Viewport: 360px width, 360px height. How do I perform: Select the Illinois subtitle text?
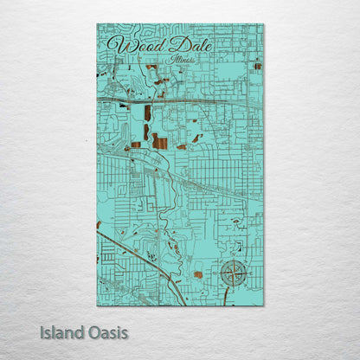point(183,61)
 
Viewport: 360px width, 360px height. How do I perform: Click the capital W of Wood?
point(113,44)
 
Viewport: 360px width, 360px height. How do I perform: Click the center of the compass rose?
point(233,273)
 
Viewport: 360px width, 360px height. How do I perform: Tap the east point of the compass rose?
point(247,273)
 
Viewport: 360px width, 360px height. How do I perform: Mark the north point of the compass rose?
point(233,260)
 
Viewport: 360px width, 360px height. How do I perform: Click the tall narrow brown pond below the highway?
point(147,112)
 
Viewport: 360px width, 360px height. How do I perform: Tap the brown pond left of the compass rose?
point(198,274)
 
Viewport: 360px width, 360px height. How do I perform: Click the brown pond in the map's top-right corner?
point(257,66)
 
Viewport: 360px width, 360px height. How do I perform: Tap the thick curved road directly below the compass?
point(227,295)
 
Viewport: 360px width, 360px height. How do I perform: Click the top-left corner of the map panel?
point(97,24)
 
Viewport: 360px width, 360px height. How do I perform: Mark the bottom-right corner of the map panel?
point(264,305)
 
